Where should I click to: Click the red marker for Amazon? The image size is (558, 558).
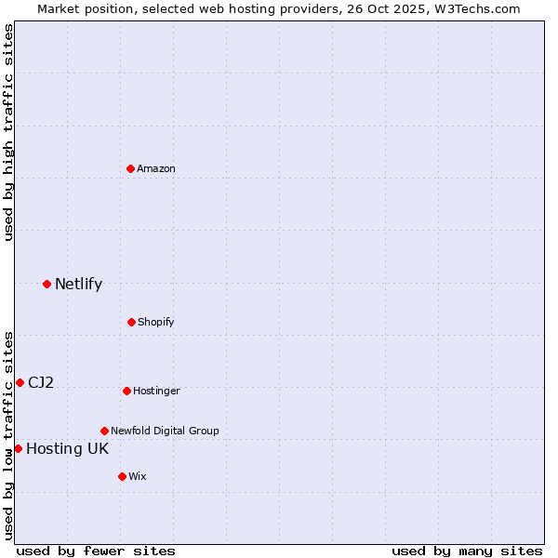tap(131, 168)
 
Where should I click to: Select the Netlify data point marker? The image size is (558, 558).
tap(46, 284)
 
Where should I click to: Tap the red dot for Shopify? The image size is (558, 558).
tap(131, 322)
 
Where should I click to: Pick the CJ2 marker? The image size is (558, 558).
tap(20, 382)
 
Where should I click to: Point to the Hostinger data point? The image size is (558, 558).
tap(126, 391)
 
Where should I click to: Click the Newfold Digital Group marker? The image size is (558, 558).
tap(104, 431)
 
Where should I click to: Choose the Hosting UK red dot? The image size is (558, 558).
tap(18, 448)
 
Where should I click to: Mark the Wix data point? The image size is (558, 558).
tap(122, 476)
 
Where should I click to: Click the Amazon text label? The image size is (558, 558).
tap(156, 168)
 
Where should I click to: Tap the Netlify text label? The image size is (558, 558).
tap(78, 284)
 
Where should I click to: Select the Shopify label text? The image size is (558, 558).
tap(156, 322)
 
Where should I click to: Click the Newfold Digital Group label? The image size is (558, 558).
tap(165, 431)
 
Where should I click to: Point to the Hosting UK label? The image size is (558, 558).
tap(67, 448)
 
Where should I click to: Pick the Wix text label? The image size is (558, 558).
tap(138, 476)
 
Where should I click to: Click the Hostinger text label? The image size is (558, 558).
tap(156, 391)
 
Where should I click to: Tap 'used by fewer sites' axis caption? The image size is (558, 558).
tap(96, 551)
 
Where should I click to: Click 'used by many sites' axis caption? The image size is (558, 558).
tap(467, 551)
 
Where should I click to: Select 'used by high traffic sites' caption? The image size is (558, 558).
tap(8, 132)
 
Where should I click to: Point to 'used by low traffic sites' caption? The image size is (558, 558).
tap(8, 435)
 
